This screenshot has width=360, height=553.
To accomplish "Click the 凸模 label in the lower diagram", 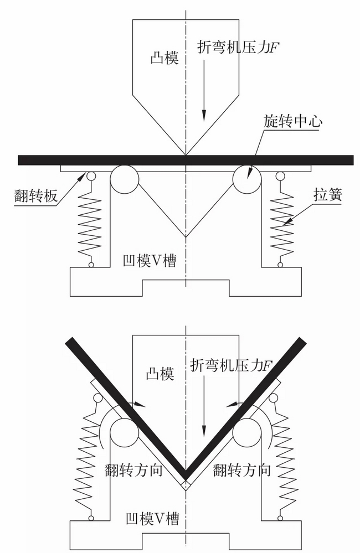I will click(x=160, y=374).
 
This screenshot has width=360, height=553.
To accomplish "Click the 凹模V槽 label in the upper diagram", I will click(x=150, y=261).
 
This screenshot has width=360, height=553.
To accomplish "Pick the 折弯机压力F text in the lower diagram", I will click(x=232, y=365).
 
